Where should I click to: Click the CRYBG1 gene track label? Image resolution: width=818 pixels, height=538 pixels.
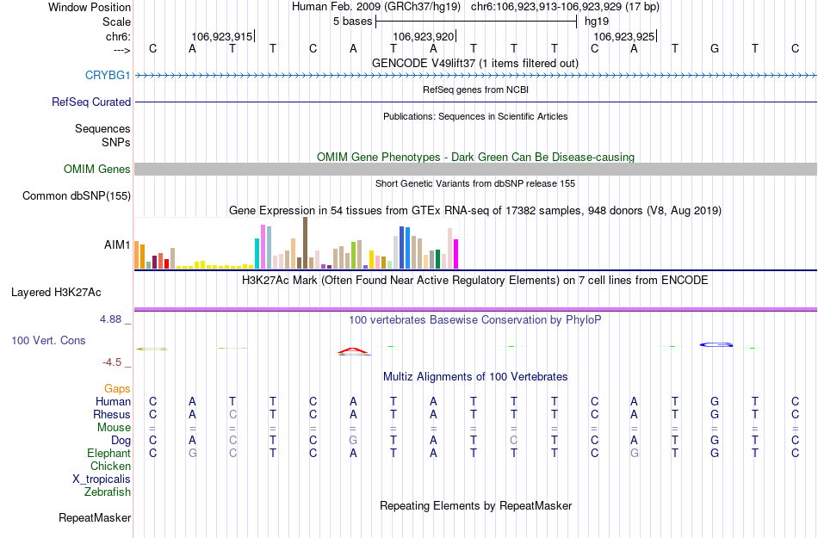point(108,75)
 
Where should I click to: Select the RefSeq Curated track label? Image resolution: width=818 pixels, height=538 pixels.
point(91,102)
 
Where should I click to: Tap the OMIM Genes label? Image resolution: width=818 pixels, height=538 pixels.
point(96,169)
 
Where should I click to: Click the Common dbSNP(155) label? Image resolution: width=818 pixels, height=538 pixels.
point(76,195)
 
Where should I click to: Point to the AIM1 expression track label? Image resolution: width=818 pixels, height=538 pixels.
point(117,244)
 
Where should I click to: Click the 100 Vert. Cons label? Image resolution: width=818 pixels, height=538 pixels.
point(48,340)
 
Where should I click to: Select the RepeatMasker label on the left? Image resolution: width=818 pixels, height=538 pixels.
point(95,517)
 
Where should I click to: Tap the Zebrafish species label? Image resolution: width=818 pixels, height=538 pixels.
point(108,492)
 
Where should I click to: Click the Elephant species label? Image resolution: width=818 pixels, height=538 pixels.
point(108,453)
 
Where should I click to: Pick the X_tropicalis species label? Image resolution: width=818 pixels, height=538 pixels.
point(102,479)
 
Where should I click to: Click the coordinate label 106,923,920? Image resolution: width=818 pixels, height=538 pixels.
point(423,37)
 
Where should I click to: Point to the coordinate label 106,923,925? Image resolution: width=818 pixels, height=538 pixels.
point(624,37)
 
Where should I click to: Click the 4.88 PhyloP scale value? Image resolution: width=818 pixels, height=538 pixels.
point(115,318)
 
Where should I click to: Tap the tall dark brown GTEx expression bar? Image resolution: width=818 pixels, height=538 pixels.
point(305,243)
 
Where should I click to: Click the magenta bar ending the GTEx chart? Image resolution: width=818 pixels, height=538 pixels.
point(456,253)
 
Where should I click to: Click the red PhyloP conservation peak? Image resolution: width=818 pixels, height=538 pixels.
point(353,350)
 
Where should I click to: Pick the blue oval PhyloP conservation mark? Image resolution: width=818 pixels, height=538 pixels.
point(716,344)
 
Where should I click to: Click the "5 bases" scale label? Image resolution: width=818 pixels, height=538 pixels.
point(352,21)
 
